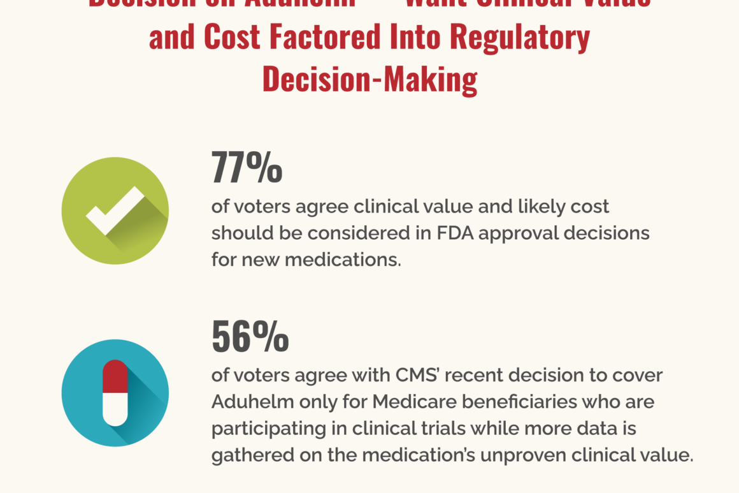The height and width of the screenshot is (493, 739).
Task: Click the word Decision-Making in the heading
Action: click(x=369, y=81)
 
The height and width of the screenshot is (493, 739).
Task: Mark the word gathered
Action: click(x=247, y=456)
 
